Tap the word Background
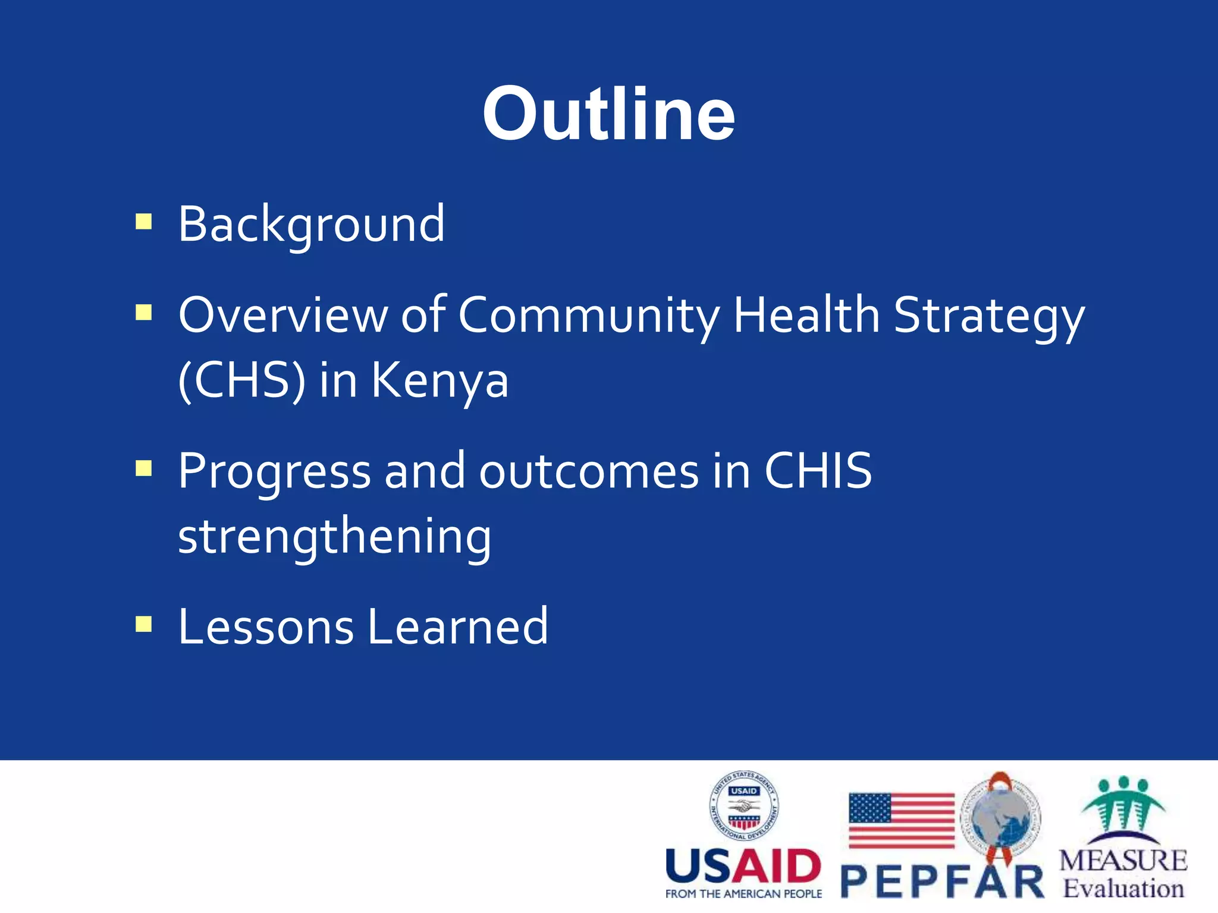tap(311, 225)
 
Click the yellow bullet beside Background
tap(144, 222)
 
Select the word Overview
tap(282, 315)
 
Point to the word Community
tap(589, 316)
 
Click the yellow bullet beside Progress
tap(144, 469)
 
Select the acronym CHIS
tap(818, 471)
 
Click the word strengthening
tap(335, 537)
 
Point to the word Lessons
tap(266, 626)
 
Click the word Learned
tap(458, 626)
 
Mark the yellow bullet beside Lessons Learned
tap(144, 624)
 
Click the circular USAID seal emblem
tap(744, 806)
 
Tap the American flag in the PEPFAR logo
tap(901, 820)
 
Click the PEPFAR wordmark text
tap(943, 882)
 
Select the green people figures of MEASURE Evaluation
tap(1123, 805)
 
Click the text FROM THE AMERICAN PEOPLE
tap(743, 894)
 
